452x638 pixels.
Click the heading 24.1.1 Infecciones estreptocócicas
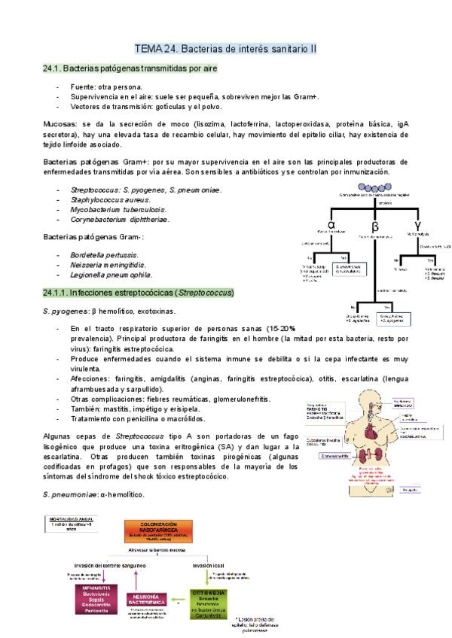point(139,292)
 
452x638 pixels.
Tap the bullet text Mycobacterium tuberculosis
point(118,210)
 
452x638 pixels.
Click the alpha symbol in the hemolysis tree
point(331,223)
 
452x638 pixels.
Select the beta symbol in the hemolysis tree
point(374,226)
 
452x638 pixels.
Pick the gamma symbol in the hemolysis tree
point(418,224)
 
